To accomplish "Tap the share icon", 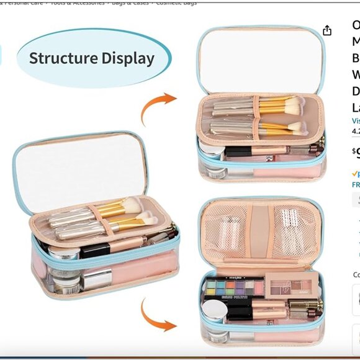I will (327, 31).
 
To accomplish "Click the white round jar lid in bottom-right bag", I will (215, 308).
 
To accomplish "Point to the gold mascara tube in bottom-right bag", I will (310, 305).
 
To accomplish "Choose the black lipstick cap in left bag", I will (94, 251).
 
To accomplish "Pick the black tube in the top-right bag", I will (240, 151).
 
